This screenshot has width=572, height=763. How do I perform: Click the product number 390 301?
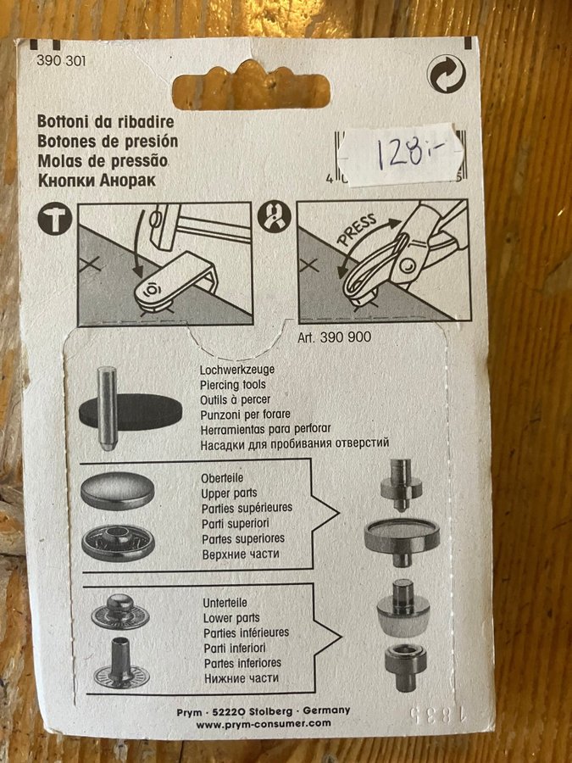[61, 61]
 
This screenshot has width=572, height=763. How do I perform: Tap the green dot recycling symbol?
[446, 75]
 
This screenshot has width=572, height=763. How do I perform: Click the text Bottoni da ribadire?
[106, 121]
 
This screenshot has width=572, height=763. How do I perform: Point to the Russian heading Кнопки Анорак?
[97, 181]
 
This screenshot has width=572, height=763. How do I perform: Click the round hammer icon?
[55, 219]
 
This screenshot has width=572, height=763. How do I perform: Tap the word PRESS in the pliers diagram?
[358, 229]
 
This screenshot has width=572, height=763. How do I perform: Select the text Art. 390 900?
[334, 337]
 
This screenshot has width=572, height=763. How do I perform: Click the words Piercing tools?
[232, 384]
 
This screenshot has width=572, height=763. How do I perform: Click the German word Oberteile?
[222, 478]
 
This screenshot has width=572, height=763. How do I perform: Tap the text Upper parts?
[229, 493]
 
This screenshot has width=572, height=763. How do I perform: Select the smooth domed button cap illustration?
[118, 491]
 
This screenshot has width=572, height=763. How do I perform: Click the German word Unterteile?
[225, 603]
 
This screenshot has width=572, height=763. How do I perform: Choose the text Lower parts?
[231, 618]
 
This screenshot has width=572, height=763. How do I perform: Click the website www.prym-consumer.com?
[264, 724]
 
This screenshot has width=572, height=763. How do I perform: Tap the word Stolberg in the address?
[270, 711]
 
